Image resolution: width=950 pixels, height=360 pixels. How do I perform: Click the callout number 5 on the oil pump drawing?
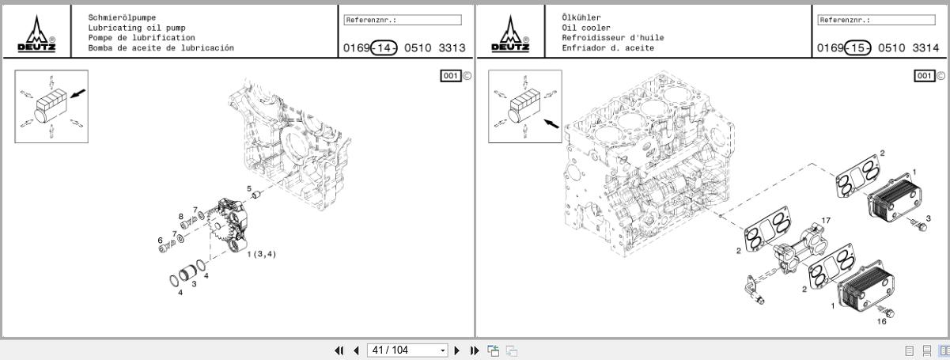248,188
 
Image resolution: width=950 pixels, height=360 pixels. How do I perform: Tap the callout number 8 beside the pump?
181,216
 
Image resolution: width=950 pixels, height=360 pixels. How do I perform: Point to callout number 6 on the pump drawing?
160,240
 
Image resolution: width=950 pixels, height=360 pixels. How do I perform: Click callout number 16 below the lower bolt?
882,322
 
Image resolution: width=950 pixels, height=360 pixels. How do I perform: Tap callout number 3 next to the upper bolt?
928,218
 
